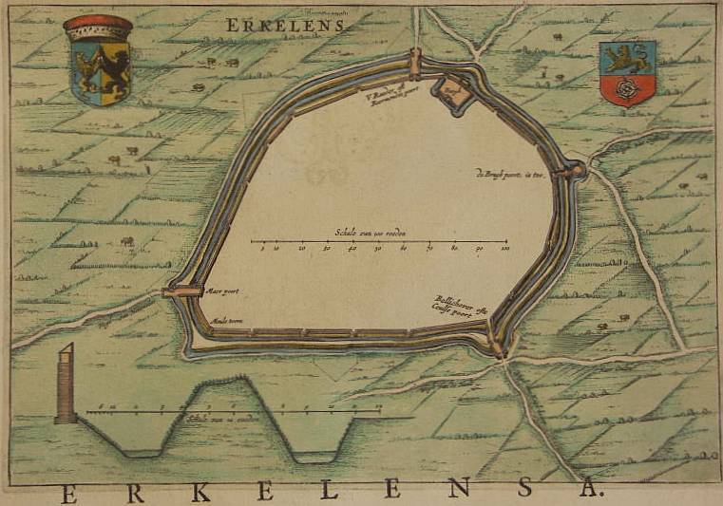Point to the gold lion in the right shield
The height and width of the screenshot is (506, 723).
(x=628, y=57)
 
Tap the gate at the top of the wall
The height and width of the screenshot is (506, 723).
(x=415, y=64)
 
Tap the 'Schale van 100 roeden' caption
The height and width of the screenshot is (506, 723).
(x=371, y=232)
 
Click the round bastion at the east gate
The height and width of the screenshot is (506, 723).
(x=574, y=171)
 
